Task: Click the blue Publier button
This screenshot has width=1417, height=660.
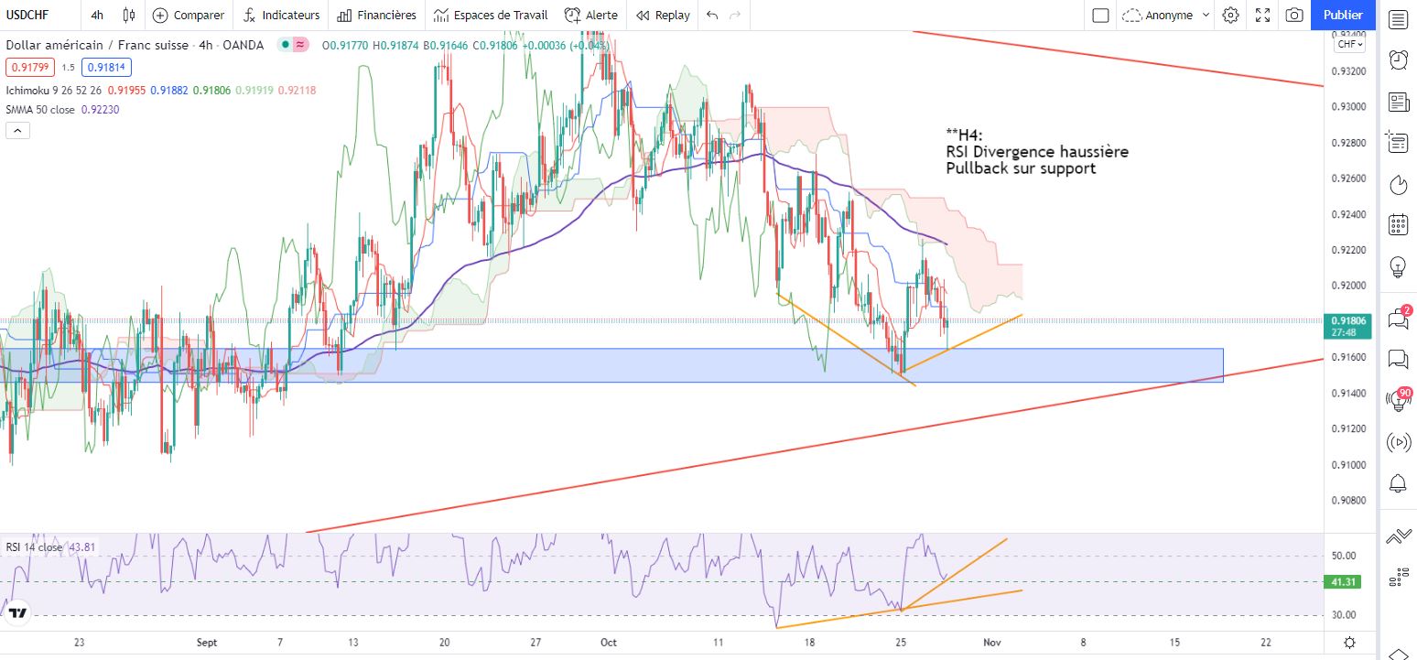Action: pos(1343,15)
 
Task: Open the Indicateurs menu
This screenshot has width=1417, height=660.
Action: pos(282,16)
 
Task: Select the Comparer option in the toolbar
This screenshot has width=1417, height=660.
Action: pos(189,16)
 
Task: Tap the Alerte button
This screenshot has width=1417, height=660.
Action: pos(590,16)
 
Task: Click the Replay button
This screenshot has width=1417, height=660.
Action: pos(663,16)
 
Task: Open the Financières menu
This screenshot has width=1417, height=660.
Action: pos(376,16)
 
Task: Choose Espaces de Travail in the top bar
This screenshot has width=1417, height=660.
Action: pos(491,16)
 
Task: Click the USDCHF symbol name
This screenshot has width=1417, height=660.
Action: pos(27,16)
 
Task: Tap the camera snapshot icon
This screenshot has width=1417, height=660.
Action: pos(1294,16)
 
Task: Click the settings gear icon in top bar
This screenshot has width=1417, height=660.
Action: pos(1230,16)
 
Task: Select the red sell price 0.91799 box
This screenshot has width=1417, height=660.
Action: pos(30,67)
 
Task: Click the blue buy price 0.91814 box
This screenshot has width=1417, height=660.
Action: pos(106,67)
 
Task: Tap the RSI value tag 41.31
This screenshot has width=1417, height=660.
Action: pos(1343,581)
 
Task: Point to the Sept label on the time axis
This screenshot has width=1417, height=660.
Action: pos(207,643)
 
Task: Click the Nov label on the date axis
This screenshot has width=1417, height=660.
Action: pos(992,643)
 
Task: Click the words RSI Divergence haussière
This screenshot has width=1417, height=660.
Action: pos(1037,152)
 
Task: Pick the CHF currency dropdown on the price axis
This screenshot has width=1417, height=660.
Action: pos(1350,44)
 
